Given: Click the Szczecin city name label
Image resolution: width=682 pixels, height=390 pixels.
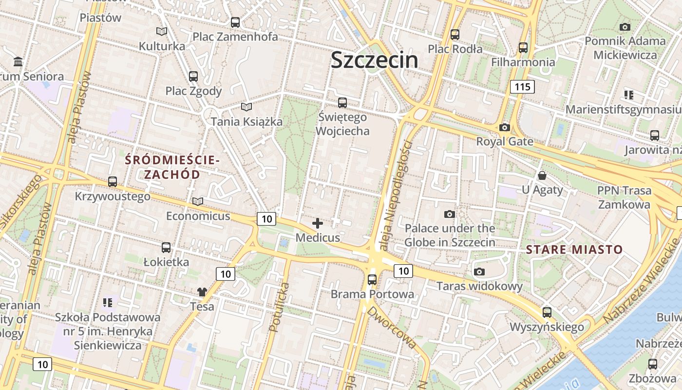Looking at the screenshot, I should coord(374,60).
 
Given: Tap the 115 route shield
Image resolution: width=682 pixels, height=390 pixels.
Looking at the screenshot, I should coord(522,87).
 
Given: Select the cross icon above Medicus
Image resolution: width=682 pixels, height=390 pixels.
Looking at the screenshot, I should coord(318,223).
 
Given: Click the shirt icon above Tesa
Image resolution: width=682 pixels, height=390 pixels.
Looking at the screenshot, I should coord(202,292).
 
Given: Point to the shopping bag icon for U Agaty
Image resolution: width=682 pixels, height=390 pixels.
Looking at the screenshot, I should coord(542,175).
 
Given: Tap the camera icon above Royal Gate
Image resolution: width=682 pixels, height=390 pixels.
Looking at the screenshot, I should coord(505,128).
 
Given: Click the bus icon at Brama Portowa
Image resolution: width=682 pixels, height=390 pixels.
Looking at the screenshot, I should coord(372,280).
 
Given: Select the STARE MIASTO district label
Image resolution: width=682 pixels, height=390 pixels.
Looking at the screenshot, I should coord(574,250).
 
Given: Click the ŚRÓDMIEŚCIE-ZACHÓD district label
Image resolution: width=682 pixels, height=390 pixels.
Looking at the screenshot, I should coord(172,167).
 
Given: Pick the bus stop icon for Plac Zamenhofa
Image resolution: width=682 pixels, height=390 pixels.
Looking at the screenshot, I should coord(235,22).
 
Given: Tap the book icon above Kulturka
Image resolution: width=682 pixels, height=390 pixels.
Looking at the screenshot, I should coord(162,32).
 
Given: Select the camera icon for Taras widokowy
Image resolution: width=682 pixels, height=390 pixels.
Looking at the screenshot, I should coord(479,272).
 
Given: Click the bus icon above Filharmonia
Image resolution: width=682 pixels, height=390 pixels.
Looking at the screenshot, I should coord(523,48).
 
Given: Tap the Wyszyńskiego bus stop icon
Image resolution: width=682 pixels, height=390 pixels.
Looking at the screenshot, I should coord(547,312).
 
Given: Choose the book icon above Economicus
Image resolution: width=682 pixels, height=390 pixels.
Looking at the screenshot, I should coord(198,201).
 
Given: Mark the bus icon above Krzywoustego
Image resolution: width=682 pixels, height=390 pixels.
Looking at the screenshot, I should coord(113,182).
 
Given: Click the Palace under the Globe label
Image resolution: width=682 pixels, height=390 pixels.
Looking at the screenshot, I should coord(450,235).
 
